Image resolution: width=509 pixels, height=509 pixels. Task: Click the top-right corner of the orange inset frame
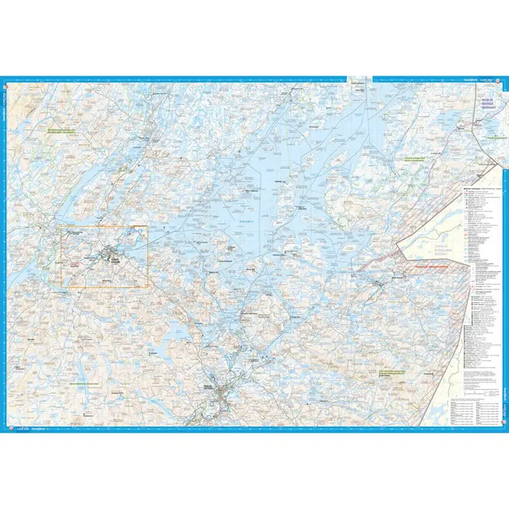click(147, 226)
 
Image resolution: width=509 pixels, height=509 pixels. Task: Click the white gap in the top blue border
click(359, 79)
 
